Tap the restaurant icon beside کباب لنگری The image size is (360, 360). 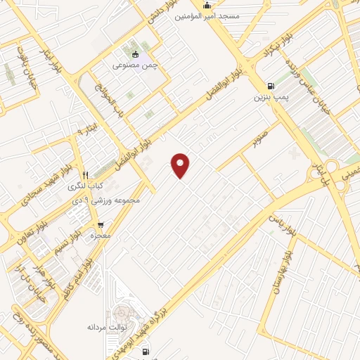pyautogui.click(x=85, y=176)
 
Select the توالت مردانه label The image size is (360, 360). pyautogui.click(x=106, y=327)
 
